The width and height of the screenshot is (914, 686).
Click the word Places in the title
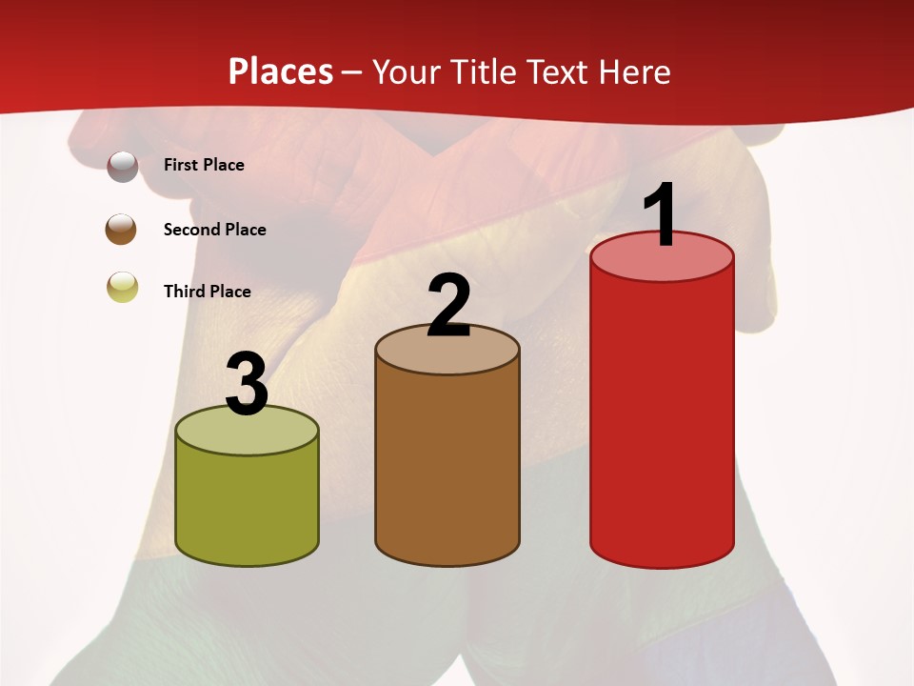(281, 71)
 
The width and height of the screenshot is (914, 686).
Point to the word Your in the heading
(407, 71)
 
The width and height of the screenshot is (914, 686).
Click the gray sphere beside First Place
(122, 166)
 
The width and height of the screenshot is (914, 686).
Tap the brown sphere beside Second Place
(122, 230)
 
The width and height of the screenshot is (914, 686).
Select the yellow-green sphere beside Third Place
(122, 287)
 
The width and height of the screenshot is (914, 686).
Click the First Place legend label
(204, 165)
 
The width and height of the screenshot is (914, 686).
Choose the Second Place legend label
(214, 230)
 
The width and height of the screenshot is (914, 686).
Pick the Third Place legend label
(207, 292)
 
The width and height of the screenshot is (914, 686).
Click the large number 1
(660, 215)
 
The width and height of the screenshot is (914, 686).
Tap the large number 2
(448, 307)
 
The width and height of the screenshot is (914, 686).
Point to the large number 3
(247, 384)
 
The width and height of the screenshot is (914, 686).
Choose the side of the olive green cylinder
(248, 505)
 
